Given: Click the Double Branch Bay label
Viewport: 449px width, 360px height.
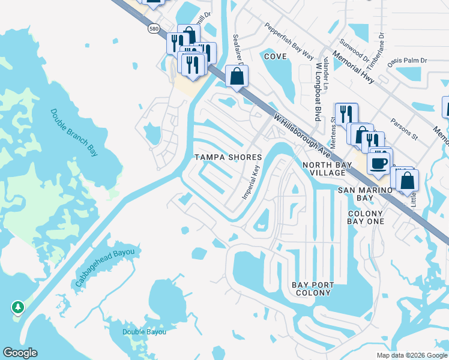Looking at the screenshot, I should (x=74, y=133).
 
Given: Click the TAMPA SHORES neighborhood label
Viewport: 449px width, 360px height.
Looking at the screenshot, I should (x=228, y=157).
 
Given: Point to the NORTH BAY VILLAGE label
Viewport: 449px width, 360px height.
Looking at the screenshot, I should (x=324, y=169).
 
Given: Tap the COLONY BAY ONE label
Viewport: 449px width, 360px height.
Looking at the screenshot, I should (x=365, y=217).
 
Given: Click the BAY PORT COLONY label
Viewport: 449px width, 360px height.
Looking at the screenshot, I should (x=312, y=289).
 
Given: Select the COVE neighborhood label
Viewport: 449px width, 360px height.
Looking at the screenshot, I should (x=274, y=56).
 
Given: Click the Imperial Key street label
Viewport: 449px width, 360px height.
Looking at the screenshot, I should (x=251, y=182).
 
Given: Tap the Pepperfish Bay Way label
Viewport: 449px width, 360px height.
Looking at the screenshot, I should (x=290, y=41).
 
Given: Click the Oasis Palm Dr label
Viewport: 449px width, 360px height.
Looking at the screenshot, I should (x=407, y=61).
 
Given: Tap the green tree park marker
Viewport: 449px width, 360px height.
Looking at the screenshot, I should (x=18, y=308).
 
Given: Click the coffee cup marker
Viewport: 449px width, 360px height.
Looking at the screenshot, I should (x=378, y=163).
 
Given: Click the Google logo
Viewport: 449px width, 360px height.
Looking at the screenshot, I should (x=20, y=353).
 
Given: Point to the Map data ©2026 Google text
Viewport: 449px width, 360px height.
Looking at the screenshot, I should (x=411, y=355).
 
